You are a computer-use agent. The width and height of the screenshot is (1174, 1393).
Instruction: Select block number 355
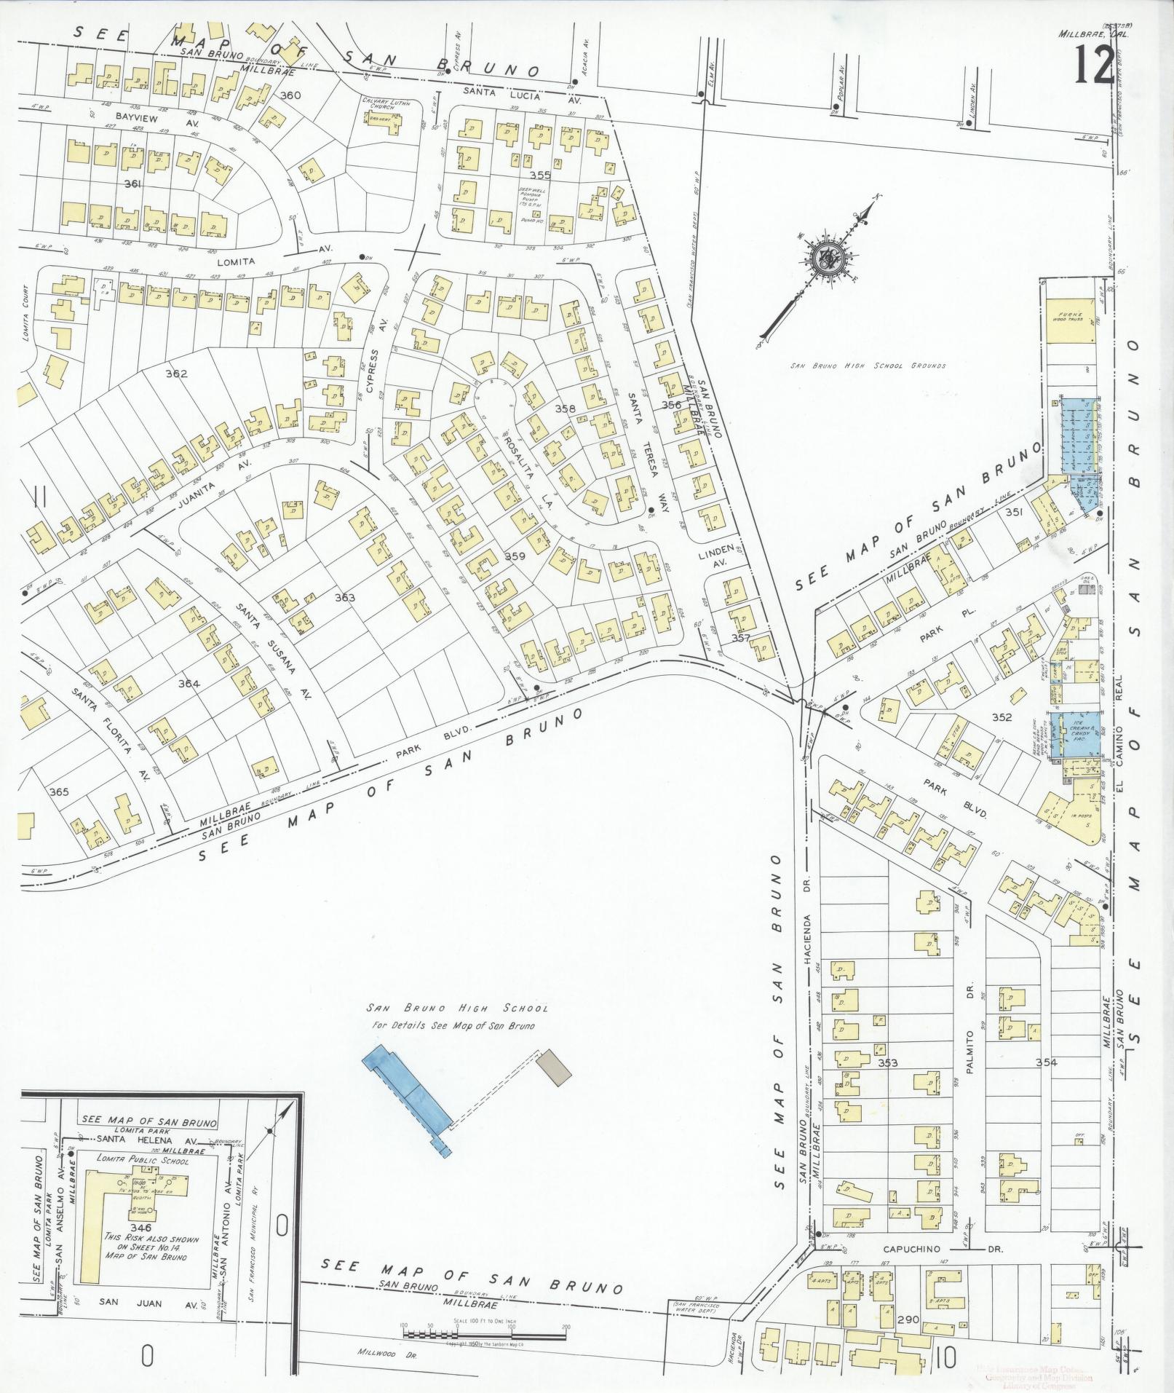[539, 175]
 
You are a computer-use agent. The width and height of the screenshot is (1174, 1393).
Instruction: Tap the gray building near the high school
[555, 1068]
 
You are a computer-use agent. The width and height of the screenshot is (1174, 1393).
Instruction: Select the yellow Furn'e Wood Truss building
[1070, 318]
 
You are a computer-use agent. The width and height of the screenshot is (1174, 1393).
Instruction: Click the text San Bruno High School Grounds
[868, 366]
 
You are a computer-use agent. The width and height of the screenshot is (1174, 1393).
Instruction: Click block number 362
[176, 374]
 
